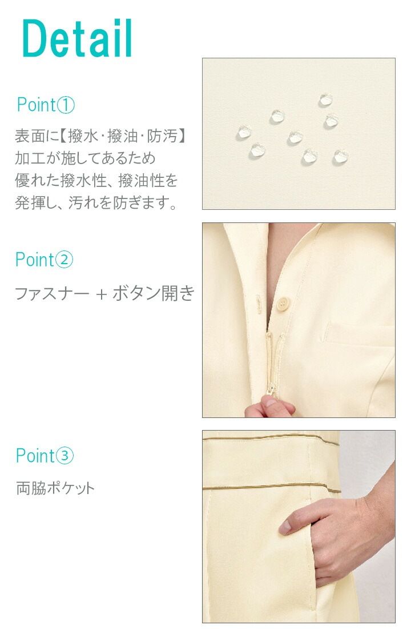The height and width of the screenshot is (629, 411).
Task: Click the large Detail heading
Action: (x=77, y=38)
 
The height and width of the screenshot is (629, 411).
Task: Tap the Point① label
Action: (x=46, y=105)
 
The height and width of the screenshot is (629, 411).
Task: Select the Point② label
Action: (x=44, y=260)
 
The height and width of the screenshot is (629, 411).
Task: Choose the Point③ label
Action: (x=45, y=456)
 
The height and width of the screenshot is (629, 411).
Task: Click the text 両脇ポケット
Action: (x=55, y=488)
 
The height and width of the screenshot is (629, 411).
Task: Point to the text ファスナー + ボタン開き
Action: (x=104, y=293)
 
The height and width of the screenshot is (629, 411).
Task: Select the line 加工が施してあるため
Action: (x=85, y=158)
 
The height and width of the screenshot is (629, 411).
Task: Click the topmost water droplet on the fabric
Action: (x=325, y=100)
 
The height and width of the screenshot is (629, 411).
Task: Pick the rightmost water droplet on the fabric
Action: (x=340, y=157)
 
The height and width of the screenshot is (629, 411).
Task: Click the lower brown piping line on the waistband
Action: (x=272, y=487)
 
